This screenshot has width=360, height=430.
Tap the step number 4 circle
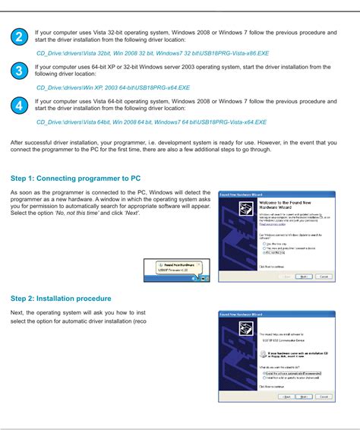[19, 106]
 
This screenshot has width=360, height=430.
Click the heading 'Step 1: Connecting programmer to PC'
[75, 179]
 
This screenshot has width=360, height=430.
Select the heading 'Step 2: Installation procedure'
[61, 299]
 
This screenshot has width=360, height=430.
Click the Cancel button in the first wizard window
[323, 277]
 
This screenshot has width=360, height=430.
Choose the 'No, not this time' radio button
[263, 253]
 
